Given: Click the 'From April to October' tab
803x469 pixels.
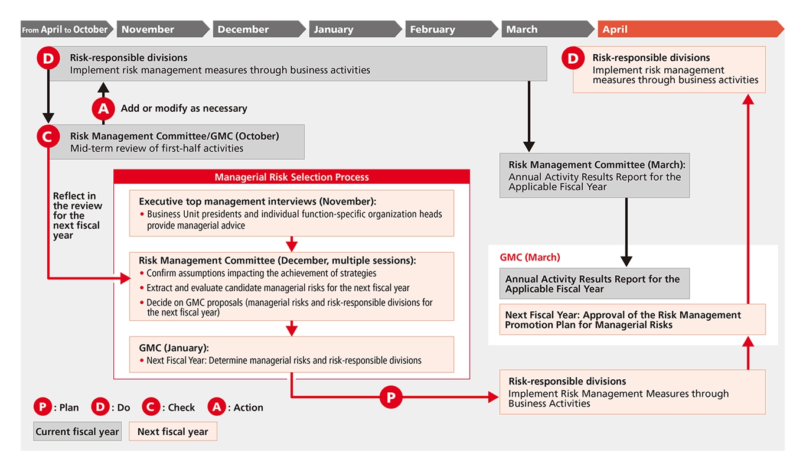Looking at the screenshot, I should (x=65, y=30).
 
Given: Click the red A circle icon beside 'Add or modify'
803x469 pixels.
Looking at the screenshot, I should (x=103, y=108).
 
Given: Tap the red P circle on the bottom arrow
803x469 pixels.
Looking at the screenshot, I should (x=390, y=397).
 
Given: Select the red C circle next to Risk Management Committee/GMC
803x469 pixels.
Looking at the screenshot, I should (x=48, y=136).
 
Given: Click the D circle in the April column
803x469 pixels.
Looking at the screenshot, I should (x=573, y=58).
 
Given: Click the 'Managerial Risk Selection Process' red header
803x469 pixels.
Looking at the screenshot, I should (x=292, y=177).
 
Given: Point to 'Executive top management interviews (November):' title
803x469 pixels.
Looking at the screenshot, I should (x=257, y=201).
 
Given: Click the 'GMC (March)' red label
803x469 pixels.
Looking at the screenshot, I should (x=530, y=258).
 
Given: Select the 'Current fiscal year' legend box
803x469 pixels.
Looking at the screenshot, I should (x=77, y=432).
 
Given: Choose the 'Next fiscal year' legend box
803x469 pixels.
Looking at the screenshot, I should (x=172, y=432).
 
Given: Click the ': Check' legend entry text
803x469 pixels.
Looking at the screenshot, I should (x=178, y=408).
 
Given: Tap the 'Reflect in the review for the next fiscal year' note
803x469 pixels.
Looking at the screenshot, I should (x=77, y=215).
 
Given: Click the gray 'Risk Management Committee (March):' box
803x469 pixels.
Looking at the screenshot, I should (x=594, y=176).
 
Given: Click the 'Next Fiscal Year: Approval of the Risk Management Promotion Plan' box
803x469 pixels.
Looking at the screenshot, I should (x=632, y=320).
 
